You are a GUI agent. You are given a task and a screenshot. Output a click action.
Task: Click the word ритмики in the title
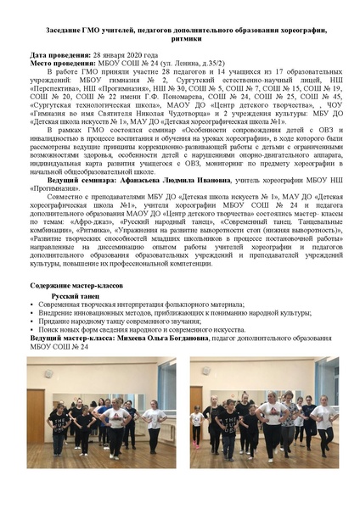[179, 40]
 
